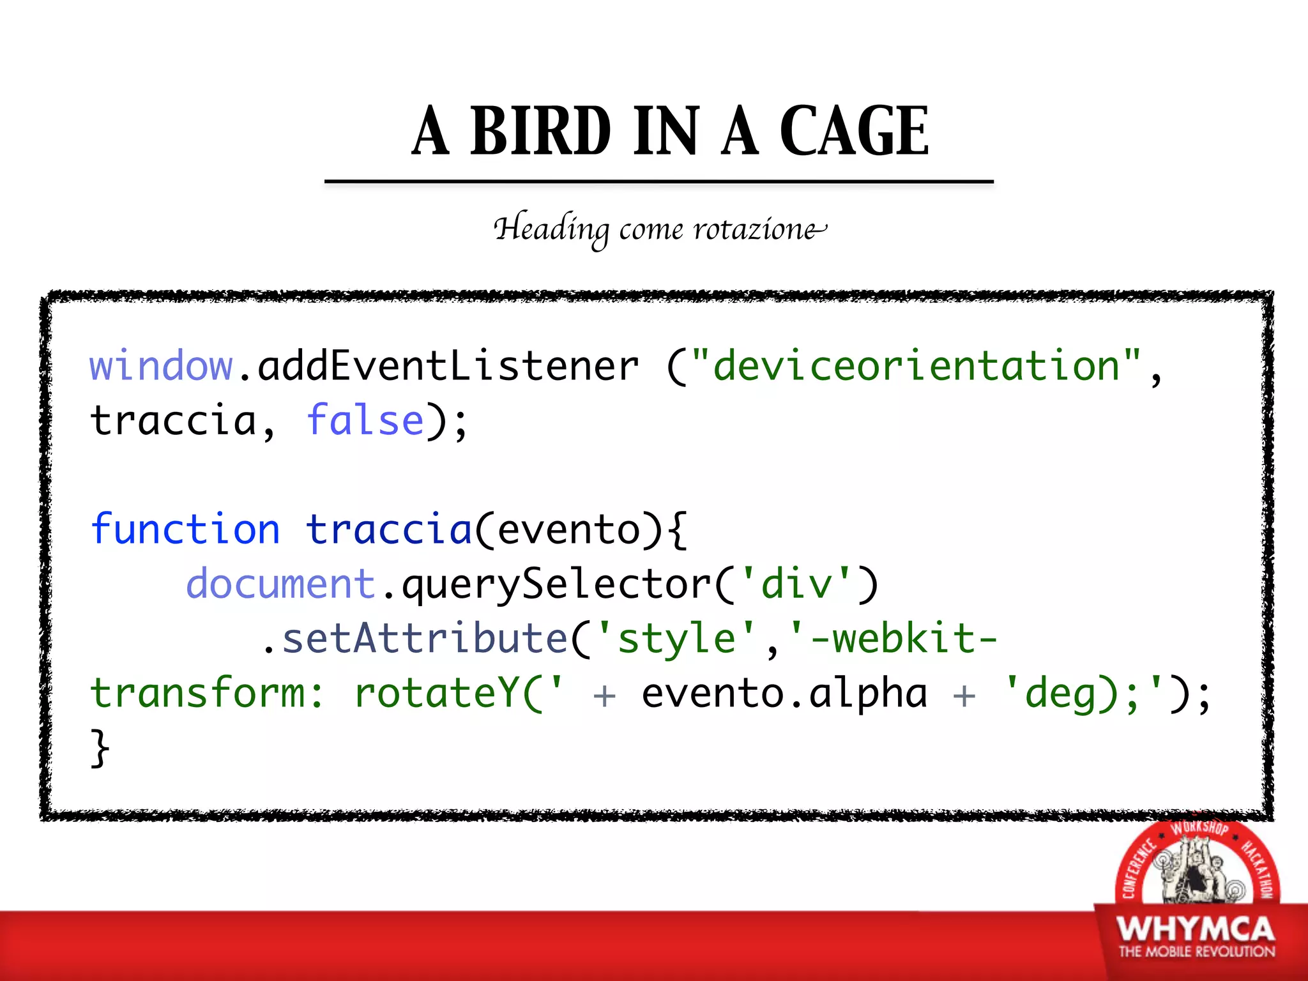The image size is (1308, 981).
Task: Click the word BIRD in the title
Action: [x=540, y=131]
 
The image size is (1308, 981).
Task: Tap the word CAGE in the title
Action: [x=855, y=131]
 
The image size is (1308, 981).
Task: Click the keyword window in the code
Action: [x=161, y=367]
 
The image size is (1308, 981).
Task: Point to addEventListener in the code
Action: [x=447, y=367]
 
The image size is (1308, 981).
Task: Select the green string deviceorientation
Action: [x=916, y=367]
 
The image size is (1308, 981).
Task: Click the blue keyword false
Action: [x=365, y=421]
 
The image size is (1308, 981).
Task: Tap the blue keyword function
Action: [x=185, y=529]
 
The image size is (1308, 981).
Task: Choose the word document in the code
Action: [x=280, y=584]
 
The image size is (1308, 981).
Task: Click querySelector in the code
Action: [x=556, y=585]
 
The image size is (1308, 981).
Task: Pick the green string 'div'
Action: [x=797, y=584]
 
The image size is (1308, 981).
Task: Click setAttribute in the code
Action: [x=425, y=639]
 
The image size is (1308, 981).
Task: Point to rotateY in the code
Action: [x=437, y=694]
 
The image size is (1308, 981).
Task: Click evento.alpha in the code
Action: [x=784, y=694]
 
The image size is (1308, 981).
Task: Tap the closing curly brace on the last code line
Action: [x=100, y=748]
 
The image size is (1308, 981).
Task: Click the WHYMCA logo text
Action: [x=1196, y=929]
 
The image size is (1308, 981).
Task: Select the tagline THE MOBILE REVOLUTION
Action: [x=1196, y=952]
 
